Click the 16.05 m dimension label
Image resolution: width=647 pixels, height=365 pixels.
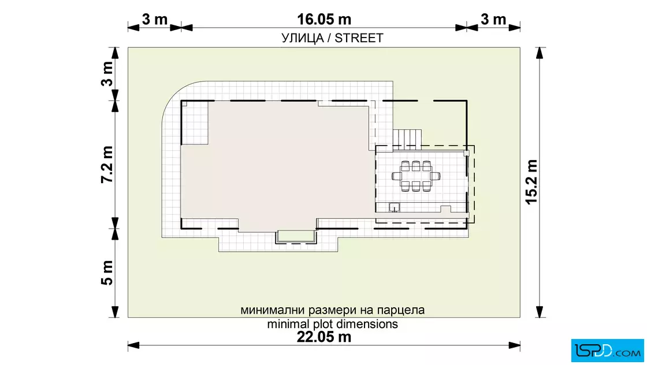click(324, 20)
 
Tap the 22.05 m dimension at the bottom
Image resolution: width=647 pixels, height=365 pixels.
click(324, 337)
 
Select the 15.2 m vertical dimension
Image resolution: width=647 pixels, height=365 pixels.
click(531, 182)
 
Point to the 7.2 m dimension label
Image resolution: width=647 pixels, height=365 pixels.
click(107, 164)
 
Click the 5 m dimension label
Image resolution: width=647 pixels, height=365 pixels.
click(107, 273)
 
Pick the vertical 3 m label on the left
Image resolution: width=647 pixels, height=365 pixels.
click(107, 74)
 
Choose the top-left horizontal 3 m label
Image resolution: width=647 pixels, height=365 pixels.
click(155, 20)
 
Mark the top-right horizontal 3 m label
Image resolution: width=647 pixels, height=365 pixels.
click(493, 20)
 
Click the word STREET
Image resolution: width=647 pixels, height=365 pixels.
click(359, 38)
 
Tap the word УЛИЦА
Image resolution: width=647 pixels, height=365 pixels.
click(303, 38)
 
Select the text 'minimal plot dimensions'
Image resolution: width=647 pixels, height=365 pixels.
click(333, 324)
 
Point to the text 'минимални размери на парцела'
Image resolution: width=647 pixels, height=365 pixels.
click(333, 310)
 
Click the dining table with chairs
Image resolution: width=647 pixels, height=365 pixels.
click(416, 176)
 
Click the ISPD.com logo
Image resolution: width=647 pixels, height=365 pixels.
click(607, 351)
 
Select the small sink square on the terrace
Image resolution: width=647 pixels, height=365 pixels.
click(395, 207)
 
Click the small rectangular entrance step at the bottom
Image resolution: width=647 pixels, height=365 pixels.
click(295, 237)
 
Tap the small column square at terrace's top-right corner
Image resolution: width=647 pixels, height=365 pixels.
click(467, 154)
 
